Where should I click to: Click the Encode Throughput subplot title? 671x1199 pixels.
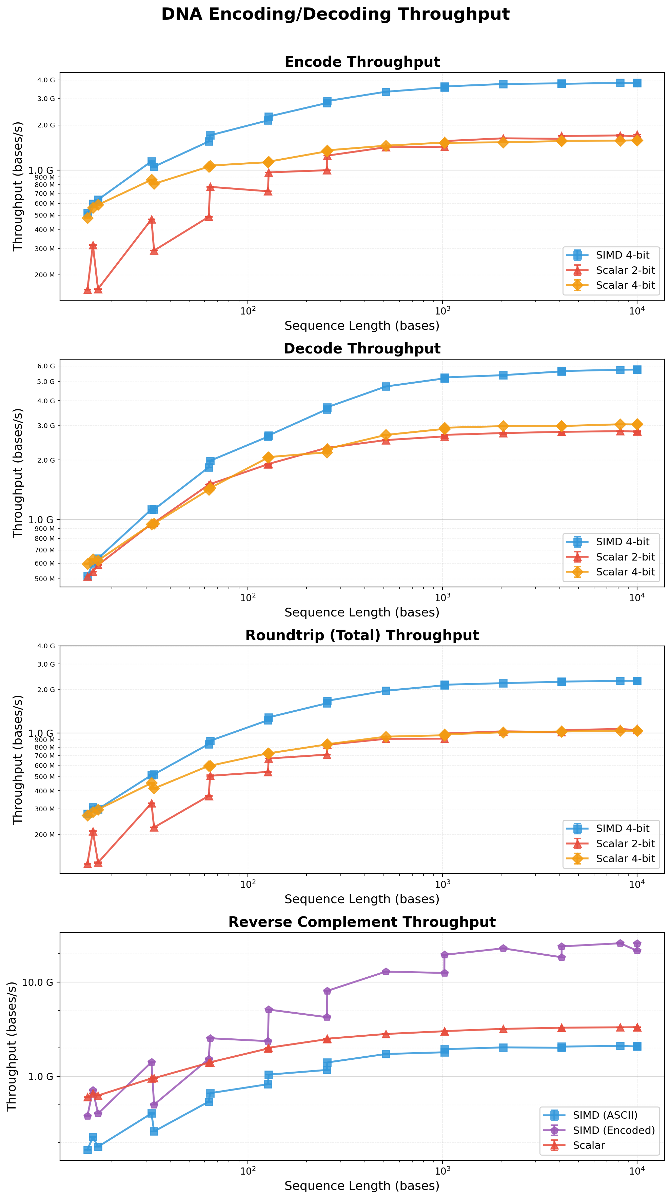point(362,62)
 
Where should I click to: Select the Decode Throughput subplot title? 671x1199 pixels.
point(362,349)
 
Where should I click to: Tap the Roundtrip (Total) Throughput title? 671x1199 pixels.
point(362,635)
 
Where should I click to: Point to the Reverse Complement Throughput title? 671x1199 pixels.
point(362,922)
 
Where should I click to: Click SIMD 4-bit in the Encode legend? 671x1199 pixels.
point(622,255)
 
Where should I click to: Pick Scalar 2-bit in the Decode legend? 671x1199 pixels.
point(625,557)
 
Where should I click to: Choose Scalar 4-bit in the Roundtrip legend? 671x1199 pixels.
point(625,858)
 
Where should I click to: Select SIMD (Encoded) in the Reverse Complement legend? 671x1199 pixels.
point(613,1130)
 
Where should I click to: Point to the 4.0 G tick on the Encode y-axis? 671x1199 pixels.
point(46,80)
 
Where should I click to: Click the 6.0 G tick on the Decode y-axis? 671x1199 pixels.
point(46,366)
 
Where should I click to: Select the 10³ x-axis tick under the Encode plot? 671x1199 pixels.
point(442,310)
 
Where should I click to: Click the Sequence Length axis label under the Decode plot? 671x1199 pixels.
point(362,612)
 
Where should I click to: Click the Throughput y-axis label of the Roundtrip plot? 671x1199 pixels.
point(18,759)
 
